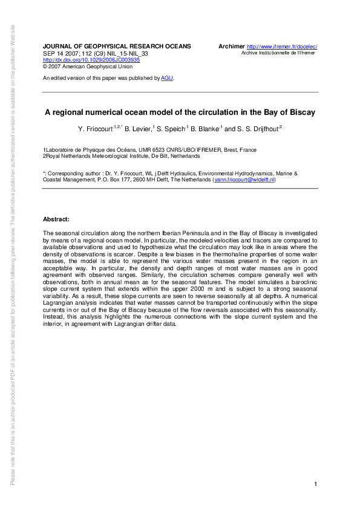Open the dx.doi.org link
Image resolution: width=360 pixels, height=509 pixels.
[91, 60]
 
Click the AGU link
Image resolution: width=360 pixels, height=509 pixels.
[166, 78]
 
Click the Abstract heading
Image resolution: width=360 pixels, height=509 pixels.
[56, 218]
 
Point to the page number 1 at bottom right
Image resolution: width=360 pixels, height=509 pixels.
[316, 484]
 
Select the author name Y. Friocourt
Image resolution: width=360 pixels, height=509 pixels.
[99, 128]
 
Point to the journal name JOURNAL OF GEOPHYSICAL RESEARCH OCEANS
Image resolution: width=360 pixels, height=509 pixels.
[117, 47]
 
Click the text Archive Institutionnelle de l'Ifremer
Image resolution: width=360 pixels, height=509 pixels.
[279, 53]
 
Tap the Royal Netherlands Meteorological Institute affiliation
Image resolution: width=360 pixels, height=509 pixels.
[121, 155]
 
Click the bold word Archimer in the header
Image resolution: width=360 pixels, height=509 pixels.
[231, 47]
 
